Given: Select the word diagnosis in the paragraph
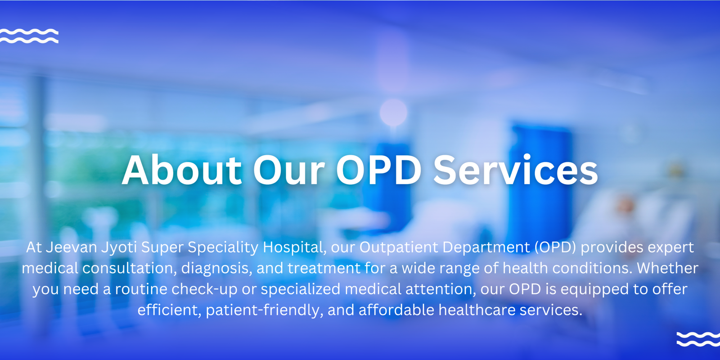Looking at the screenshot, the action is tap(216, 268).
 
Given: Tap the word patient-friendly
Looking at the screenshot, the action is tap(264, 310).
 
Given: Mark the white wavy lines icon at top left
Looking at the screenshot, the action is tap(29, 36).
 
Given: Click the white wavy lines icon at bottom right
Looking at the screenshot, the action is tap(698, 339).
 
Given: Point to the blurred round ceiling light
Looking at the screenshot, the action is tap(393, 112).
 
